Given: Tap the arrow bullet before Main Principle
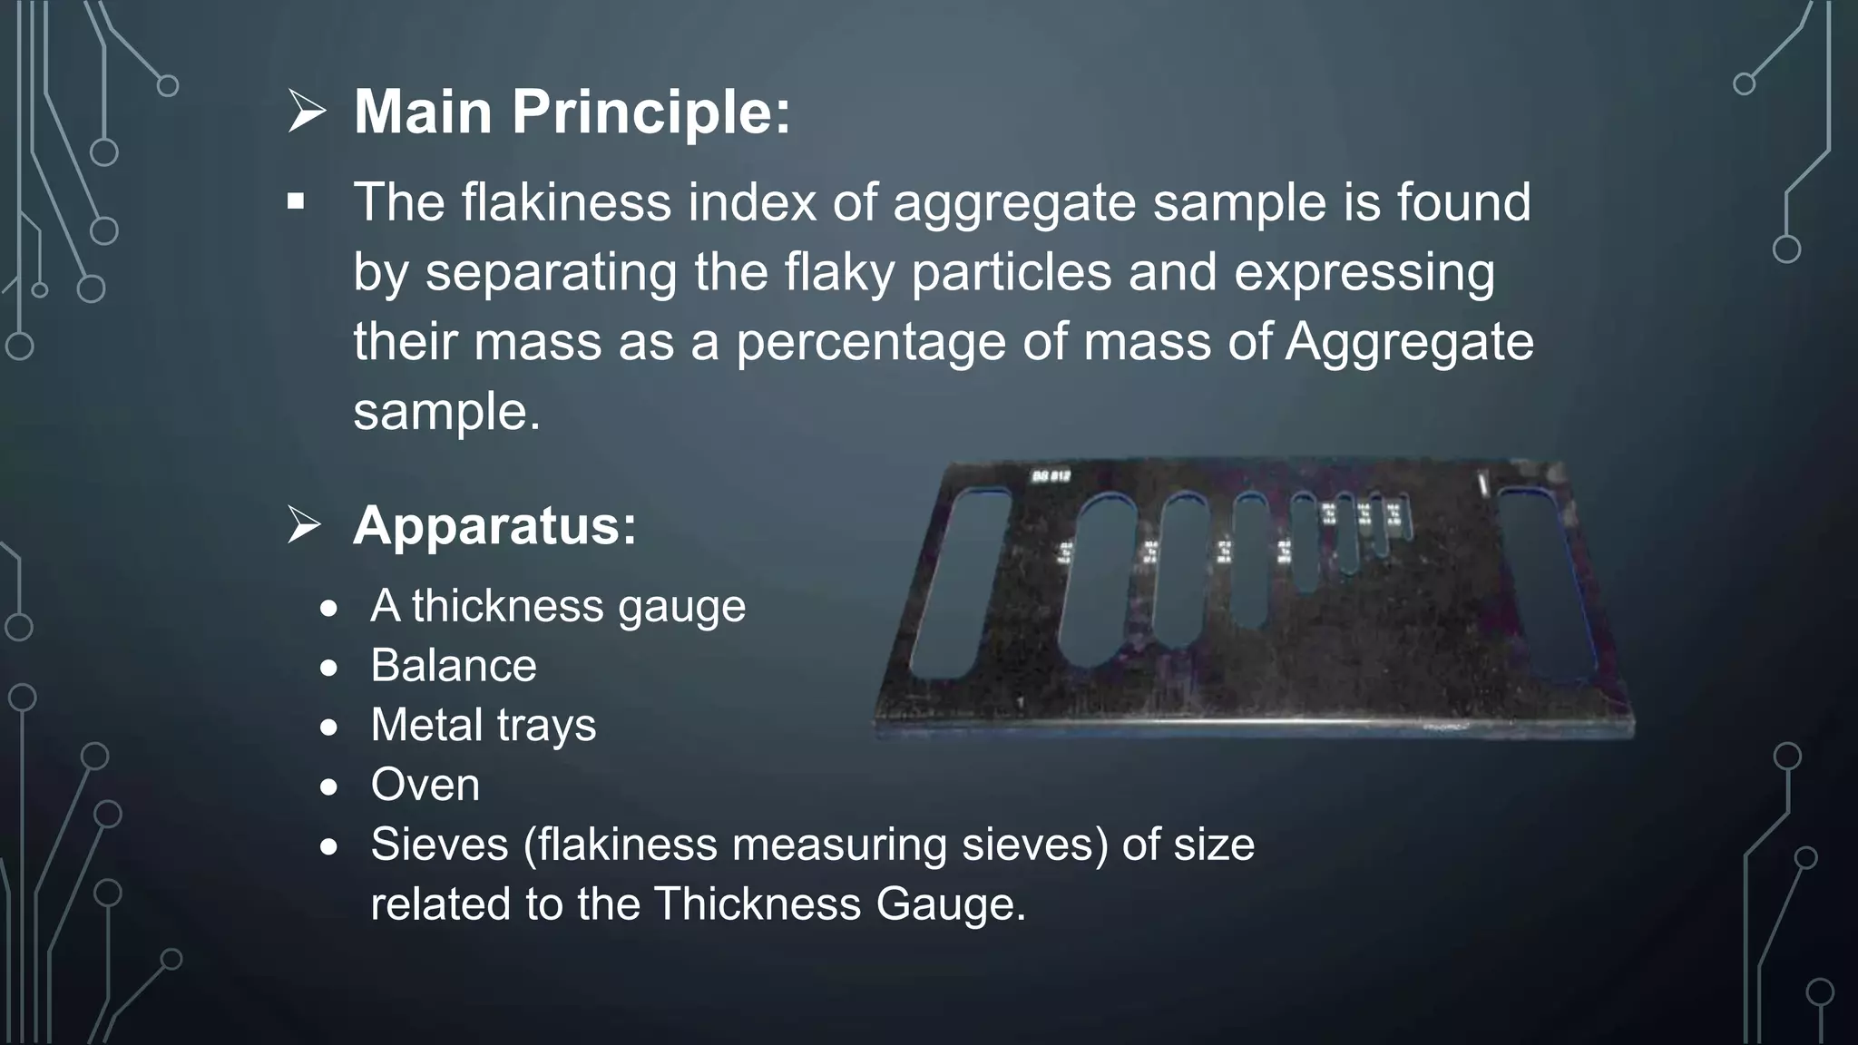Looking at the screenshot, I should tap(307, 112).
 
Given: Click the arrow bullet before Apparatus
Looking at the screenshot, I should tap(305, 525).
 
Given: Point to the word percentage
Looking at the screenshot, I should tap(870, 342).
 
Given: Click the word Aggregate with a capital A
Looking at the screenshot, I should tap(1409, 342).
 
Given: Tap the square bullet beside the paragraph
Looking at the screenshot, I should tap(296, 201).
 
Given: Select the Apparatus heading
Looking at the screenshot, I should tap(494, 525).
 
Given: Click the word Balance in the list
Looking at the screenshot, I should tap(454, 666).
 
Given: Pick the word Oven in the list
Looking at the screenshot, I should tap(425, 785).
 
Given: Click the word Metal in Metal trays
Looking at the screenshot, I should tap(426, 725).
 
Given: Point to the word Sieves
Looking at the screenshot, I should tap(439, 845).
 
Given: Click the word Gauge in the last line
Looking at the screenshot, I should tap(950, 904).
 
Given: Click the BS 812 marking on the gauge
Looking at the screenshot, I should tap(1051, 476).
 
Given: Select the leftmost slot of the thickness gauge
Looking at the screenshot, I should tap(960, 584).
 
